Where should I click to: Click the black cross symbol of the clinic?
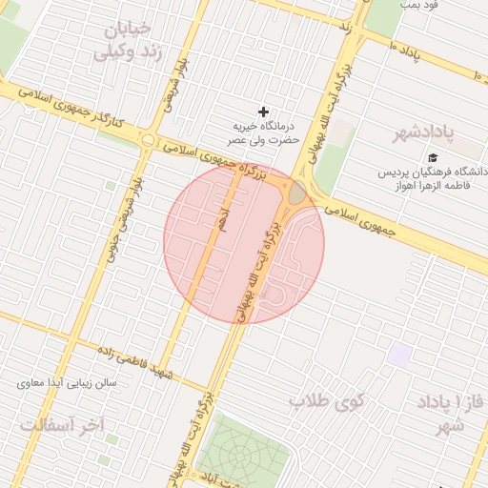pos(264,112)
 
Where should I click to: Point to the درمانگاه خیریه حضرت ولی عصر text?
pos(264,132)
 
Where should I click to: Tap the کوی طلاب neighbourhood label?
pos(327,401)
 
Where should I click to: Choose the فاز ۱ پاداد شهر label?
pos(443,412)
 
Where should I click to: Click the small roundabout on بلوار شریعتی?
pos(147,140)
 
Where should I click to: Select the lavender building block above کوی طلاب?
pos(400,355)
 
